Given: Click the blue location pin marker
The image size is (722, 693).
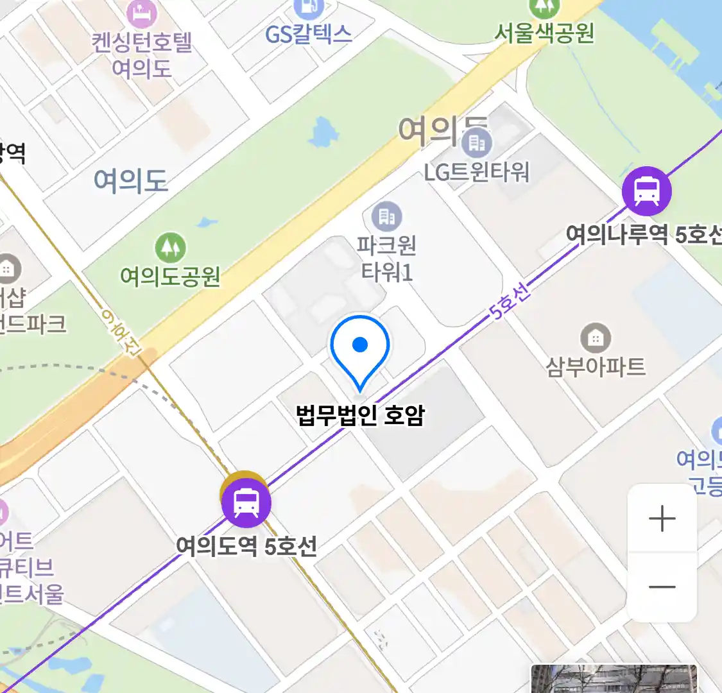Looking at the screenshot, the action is (x=360, y=347).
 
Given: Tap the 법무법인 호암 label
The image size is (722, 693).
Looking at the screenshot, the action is (x=360, y=415).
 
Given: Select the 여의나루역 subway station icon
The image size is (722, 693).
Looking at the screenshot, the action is (x=647, y=191).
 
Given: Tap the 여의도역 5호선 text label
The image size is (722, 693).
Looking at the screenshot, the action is (x=246, y=546).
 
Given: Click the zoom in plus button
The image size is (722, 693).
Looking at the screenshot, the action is (x=662, y=518).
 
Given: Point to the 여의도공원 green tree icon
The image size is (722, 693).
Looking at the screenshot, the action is (x=170, y=247).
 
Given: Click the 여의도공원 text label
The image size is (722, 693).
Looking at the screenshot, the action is (x=170, y=276).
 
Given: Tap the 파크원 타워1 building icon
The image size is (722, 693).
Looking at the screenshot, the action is (x=386, y=217).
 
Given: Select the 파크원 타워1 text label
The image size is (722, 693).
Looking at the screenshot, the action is (x=386, y=259).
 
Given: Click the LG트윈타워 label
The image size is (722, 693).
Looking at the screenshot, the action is (x=476, y=172).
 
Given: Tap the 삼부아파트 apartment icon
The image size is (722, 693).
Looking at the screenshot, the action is (x=596, y=338).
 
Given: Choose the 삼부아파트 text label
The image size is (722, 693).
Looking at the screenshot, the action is (x=596, y=366).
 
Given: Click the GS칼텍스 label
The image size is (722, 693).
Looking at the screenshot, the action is (x=309, y=34).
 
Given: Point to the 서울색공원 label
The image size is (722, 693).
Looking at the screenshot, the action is (x=544, y=33).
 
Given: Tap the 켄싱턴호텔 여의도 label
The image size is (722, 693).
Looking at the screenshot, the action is (x=142, y=55).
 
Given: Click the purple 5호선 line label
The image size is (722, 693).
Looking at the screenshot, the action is (x=510, y=302).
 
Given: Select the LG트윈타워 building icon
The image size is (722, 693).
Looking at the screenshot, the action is (x=476, y=142).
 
